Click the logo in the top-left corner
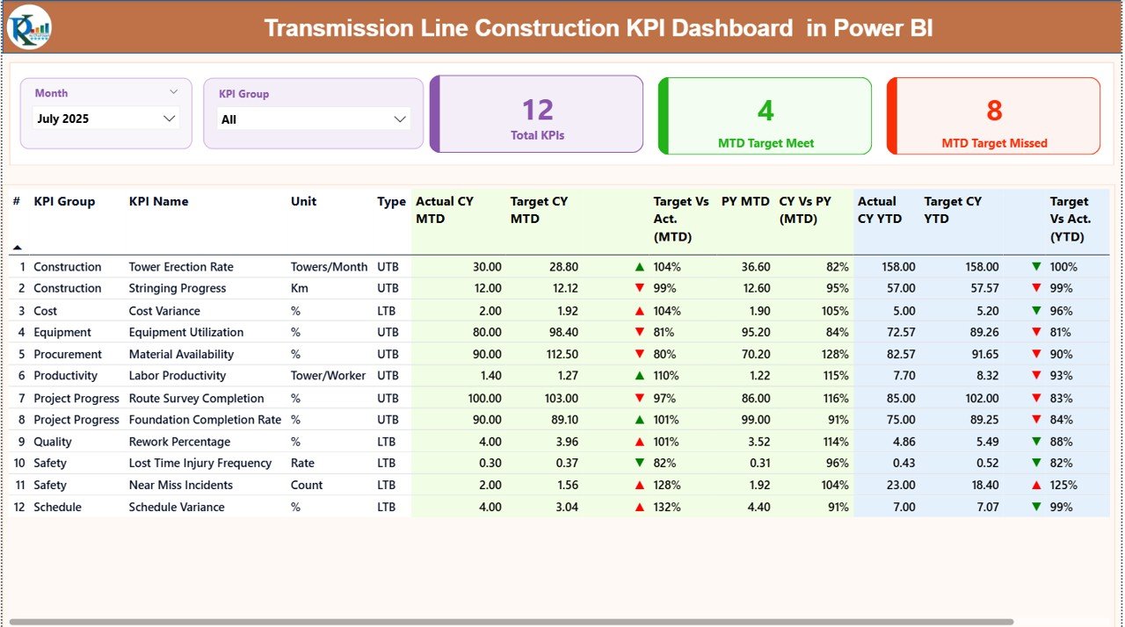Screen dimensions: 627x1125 29,27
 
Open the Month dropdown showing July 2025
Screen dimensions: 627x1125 105,119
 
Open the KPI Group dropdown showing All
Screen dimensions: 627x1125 313,119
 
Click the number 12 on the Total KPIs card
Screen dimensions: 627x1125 537,110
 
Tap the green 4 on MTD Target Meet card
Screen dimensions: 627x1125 766,110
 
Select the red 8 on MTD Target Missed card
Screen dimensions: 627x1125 994,110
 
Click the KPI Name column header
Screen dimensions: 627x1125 158,201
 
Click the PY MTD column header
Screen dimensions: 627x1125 744,201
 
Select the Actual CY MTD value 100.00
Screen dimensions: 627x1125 484,398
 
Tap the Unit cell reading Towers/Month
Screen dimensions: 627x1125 329,267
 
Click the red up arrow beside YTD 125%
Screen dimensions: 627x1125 1036,485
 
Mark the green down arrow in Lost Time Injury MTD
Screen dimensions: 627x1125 639,463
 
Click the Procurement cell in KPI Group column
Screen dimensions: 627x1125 68,354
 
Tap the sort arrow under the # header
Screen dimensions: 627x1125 17,248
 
